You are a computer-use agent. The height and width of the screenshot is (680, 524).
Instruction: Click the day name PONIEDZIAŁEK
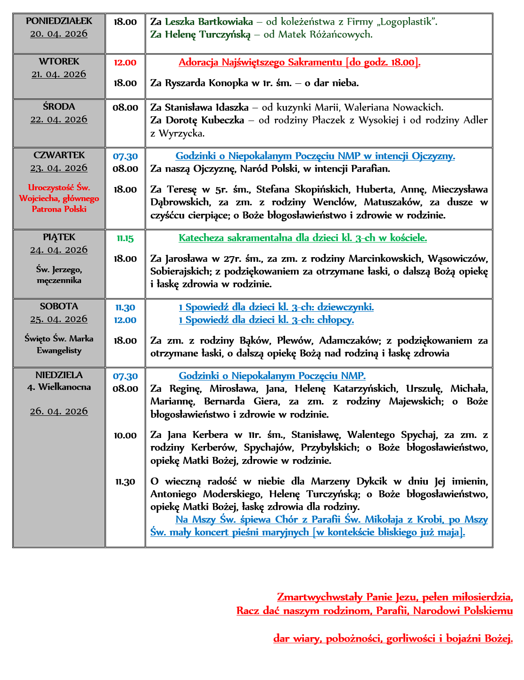click(x=59, y=21)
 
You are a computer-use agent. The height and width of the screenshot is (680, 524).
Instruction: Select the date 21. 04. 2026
click(x=59, y=74)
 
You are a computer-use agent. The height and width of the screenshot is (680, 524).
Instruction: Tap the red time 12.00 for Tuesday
click(x=125, y=63)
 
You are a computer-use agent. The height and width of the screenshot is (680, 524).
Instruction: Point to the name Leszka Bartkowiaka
click(x=209, y=22)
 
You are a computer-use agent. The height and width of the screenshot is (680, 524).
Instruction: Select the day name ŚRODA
click(x=59, y=107)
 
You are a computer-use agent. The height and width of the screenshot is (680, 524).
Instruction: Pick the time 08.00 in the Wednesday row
click(x=125, y=108)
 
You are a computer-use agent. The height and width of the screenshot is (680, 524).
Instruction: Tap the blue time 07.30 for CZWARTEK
click(x=125, y=156)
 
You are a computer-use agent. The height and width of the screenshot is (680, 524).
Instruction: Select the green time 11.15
click(x=125, y=238)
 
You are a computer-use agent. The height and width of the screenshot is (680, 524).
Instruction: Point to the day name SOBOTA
click(x=59, y=307)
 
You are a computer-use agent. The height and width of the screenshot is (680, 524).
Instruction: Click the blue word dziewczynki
click(x=345, y=308)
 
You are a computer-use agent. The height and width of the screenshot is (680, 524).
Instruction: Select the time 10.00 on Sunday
click(x=125, y=436)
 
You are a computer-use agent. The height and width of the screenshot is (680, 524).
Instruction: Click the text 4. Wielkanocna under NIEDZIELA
click(x=59, y=387)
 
